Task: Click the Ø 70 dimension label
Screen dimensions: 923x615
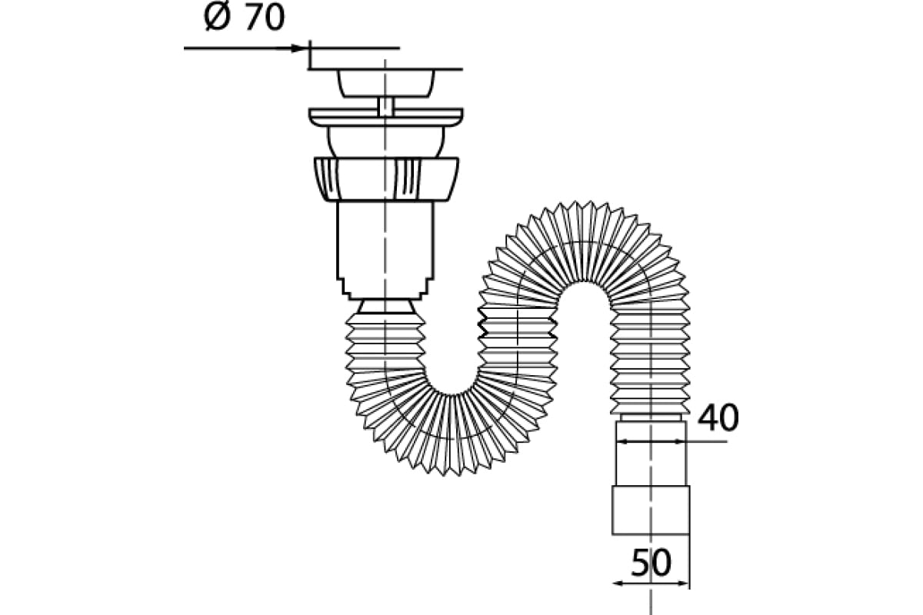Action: click(245, 18)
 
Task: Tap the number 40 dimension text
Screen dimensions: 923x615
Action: click(718, 417)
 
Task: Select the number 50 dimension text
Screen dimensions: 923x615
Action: click(651, 563)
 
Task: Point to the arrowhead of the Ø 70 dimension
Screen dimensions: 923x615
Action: click(298, 48)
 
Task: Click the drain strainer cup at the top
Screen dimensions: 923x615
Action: click(385, 84)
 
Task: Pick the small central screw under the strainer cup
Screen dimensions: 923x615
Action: click(385, 107)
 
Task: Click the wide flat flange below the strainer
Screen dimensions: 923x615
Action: click(385, 118)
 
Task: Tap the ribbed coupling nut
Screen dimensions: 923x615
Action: click(386, 180)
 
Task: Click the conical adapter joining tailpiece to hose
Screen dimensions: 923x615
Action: click(385, 307)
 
